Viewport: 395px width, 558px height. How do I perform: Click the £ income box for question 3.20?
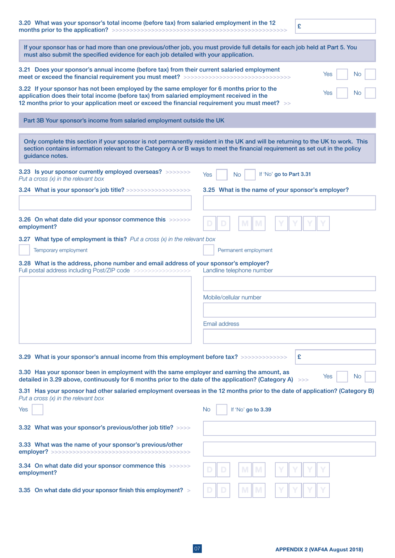335,26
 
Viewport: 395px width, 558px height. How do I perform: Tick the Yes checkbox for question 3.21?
342,74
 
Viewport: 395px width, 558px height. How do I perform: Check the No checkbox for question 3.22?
370,93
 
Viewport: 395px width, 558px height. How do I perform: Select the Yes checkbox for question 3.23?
222,175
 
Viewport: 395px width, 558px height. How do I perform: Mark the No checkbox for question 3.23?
250,175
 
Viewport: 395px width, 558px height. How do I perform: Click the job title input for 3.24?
105,203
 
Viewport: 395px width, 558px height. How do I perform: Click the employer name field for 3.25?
289,203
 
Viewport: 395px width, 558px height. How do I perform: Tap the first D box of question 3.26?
210,224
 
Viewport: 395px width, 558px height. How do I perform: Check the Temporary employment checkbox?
24,250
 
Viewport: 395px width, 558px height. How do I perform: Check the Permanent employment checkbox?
208,250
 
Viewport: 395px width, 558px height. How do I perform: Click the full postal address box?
105,310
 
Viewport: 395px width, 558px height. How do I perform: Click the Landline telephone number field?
289,284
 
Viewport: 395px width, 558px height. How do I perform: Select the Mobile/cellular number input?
289,310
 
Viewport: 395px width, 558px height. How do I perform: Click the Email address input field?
289,336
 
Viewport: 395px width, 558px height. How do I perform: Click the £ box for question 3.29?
335,357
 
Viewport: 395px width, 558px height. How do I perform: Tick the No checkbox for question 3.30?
370,376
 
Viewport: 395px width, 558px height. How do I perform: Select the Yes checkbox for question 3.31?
37,410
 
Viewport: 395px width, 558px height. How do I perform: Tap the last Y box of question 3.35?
323,491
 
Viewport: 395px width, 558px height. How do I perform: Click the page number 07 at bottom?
197,548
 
